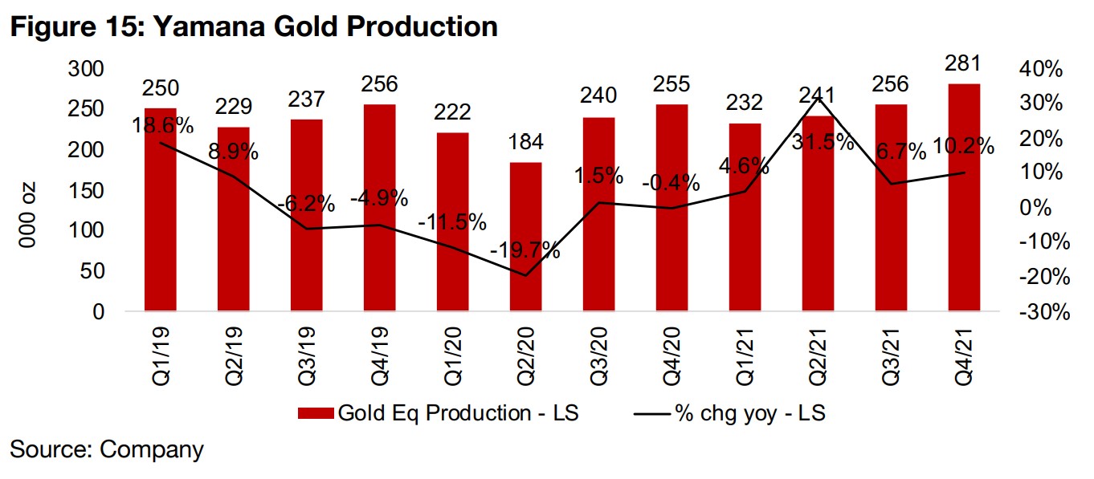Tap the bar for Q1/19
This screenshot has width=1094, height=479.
tap(161, 209)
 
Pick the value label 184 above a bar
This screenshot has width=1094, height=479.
tap(525, 143)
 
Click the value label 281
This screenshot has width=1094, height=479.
tap(964, 64)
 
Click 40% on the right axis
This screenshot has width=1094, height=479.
tap(1042, 70)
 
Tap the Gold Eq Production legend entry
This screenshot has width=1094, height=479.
tap(438, 413)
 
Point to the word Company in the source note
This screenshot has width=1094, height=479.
tap(152, 449)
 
